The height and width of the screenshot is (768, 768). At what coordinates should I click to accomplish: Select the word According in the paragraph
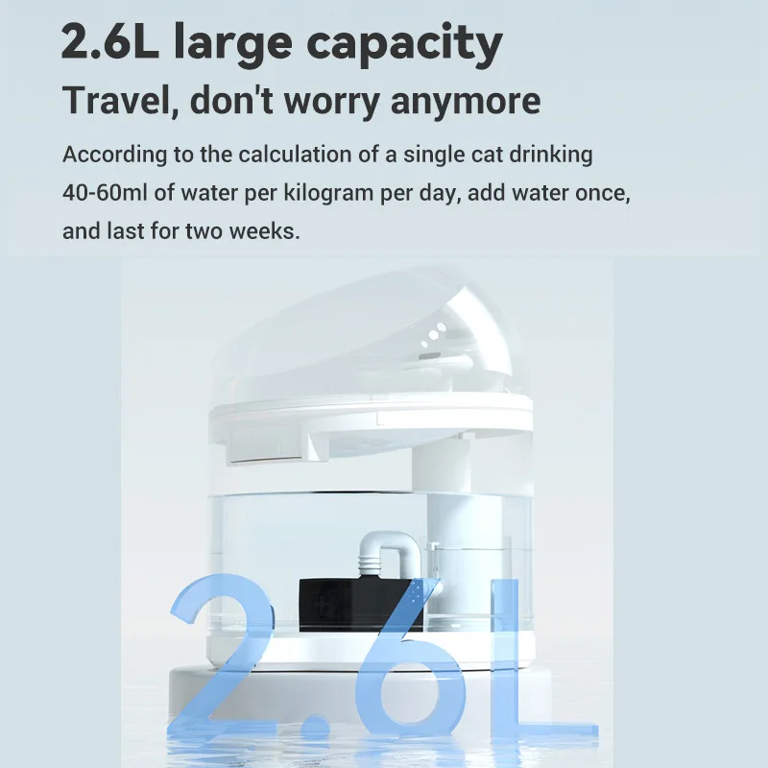(x=106, y=156)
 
